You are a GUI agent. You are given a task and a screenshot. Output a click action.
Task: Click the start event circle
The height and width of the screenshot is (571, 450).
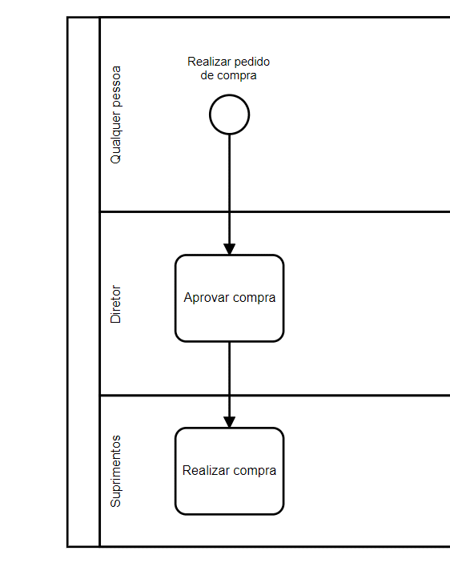229,115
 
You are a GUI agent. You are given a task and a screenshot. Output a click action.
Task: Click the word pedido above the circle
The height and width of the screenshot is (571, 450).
251,62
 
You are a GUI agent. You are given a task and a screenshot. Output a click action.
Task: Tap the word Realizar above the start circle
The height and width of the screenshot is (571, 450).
209,62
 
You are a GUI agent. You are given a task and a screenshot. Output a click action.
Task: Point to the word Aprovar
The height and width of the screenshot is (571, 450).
206,298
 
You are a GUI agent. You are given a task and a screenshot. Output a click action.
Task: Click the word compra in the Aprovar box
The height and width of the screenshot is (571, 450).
254,298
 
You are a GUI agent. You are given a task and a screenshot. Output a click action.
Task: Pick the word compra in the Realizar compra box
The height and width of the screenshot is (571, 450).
255,471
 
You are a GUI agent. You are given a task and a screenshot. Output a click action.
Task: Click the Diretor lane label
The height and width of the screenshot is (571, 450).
116,304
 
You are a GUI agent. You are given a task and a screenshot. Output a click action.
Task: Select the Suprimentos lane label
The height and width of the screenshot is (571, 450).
116,471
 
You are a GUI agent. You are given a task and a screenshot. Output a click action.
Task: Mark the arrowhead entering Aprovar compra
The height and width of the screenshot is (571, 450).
229,248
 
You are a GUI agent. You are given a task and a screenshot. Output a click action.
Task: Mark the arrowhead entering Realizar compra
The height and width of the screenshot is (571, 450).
229,421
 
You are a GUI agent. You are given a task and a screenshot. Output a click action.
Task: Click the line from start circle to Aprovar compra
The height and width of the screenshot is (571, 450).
229,184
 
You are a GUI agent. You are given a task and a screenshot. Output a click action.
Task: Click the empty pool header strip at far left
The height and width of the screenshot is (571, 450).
83,280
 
